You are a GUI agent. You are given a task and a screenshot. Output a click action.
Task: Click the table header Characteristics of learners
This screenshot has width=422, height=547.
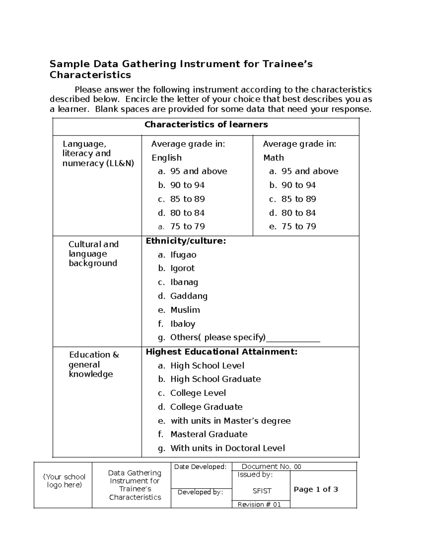pos(206,125)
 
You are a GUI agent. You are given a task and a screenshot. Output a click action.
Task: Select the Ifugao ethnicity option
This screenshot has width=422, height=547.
pos(183,255)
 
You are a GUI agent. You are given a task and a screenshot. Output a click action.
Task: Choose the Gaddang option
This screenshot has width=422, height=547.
pos(188,296)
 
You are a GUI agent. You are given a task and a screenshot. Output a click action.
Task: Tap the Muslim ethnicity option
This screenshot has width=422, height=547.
pos(185,310)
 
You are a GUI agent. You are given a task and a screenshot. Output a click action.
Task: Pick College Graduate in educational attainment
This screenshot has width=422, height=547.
pos(206,407)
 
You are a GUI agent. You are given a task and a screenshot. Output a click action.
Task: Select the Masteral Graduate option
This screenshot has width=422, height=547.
pos(209,434)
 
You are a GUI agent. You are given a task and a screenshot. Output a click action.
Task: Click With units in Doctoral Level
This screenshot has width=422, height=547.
pos(227,448)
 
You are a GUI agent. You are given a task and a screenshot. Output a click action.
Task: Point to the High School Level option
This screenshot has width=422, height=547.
pos(207,366)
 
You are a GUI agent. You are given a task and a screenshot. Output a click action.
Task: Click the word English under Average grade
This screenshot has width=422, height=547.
pos(167,158)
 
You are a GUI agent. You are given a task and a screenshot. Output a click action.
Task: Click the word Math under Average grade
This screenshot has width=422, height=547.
pos(274,158)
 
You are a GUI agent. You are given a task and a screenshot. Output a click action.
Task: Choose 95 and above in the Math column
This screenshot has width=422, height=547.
pos(309,171)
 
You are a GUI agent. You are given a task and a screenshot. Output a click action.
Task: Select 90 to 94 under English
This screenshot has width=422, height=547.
pos(187,185)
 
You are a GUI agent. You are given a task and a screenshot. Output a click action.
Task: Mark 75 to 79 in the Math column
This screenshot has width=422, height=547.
pos(299,226)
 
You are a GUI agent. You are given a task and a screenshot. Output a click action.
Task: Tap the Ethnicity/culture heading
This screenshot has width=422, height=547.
pos(186,241)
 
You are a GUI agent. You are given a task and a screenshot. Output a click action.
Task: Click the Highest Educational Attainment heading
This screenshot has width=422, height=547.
pos(222,352)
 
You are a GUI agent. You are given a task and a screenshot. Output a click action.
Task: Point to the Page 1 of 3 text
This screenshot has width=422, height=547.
pos(316,489)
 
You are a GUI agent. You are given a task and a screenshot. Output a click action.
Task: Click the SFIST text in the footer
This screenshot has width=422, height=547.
pos(262,491)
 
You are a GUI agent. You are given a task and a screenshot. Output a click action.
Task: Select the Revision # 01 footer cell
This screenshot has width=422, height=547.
pos(259,504)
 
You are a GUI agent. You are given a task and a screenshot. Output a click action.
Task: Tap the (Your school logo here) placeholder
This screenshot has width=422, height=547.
pos(64,481)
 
